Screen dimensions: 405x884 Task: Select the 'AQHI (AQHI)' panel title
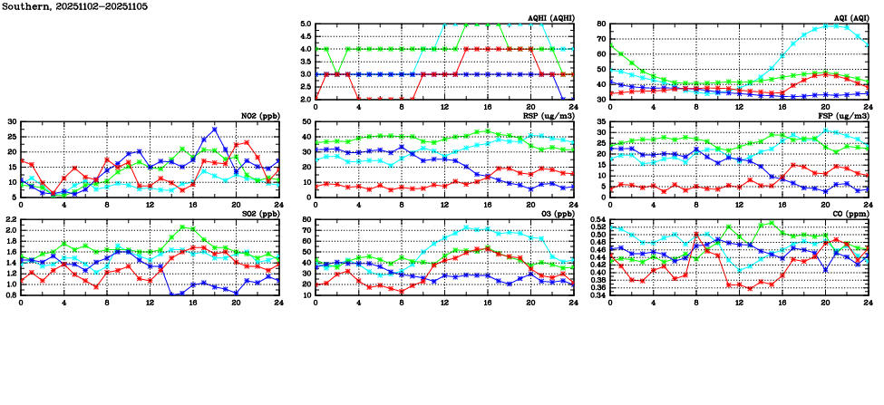point(550,18)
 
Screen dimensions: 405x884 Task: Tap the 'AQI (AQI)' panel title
point(849,18)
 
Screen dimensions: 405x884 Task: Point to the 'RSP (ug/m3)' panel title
point(551,116)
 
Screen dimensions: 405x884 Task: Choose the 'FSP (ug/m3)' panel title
point(845,116)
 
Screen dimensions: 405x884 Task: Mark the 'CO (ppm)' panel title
point(849,214)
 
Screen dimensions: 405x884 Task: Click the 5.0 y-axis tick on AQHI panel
point(306,24)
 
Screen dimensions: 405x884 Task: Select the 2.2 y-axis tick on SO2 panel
point(11,220)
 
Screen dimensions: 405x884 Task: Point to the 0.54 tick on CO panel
point(598,220)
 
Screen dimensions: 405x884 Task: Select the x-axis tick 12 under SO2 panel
point(151,301)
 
